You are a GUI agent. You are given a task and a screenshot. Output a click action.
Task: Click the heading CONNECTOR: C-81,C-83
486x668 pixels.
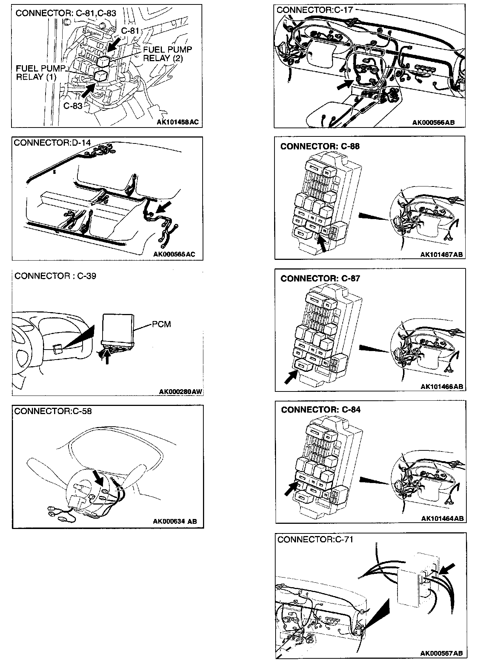pyautogui.click(x=66, y=13)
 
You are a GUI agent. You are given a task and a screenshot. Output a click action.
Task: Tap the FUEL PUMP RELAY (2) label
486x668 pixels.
pyautogui.click(x=167, y=54)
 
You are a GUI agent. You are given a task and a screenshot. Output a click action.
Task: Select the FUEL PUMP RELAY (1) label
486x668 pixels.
pyautogui.click(x=40, y=73)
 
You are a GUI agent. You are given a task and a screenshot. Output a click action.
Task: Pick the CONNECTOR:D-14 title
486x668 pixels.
pyautogui.click(x=52, y=143)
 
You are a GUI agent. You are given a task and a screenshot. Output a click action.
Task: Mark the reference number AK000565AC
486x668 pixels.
pyautogui.click(x=174, y=254)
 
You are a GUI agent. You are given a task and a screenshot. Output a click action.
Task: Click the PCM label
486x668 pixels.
pyautogui.click(x=162, y=324)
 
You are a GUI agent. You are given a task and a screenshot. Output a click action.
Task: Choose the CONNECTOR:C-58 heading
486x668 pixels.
pyautogui.click(x=53, y=411)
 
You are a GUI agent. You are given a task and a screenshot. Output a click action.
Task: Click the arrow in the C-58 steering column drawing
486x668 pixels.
pyautogui.click(x=99, y=477)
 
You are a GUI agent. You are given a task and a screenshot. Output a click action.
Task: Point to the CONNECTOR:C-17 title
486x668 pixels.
pyautogui.click(x=315, y=10)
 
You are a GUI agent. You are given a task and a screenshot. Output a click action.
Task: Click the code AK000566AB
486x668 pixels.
pyautogui.click(x=434, y=122)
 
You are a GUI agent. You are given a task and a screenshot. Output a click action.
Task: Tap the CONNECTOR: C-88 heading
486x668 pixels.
pyautogui.click(x=320, y=146)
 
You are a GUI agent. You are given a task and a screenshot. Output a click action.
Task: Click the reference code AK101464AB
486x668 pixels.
pyautogui.click(x=442, y=518)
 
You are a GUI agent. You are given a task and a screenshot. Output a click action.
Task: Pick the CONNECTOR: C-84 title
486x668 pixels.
pyautogui.click(x=321, y=410)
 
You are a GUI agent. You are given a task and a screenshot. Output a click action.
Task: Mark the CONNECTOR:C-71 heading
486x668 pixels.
pyautogui.click(x=315, y=539)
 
